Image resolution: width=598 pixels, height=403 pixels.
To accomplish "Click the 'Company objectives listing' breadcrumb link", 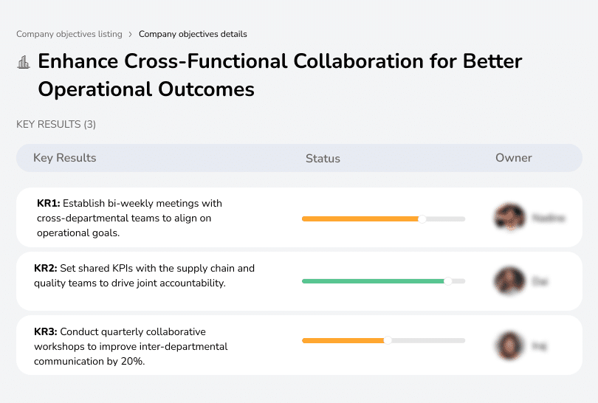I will [69, 34].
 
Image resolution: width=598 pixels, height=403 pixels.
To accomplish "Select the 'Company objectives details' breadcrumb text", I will [193, 34].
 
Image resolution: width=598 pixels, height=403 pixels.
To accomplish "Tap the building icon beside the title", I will [24, 63].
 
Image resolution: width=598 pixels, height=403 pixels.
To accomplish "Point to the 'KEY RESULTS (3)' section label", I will [56, 124].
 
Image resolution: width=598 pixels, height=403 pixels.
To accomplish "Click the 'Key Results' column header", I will [64, 158].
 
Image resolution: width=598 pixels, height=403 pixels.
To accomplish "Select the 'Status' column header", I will [323, 158].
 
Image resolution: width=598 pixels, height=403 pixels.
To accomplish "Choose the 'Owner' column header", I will [513, 158].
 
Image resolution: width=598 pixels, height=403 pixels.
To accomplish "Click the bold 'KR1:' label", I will [48, 203].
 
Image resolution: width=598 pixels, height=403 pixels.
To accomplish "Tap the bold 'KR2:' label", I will [47, 268].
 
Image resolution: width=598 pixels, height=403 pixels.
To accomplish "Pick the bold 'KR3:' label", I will [47, 332].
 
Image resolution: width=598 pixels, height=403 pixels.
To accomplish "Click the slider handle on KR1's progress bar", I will [422, 218].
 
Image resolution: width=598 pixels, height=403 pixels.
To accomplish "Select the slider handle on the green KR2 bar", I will [447, 281].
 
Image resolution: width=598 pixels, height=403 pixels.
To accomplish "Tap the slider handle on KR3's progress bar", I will [388, 340].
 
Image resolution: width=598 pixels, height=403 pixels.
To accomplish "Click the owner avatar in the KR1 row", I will [509, 218].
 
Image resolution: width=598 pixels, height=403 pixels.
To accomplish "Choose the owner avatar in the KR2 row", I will [509, 281].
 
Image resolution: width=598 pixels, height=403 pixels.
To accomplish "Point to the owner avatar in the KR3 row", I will [509, 345].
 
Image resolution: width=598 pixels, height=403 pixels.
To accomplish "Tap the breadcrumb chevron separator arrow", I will [131, 34].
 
